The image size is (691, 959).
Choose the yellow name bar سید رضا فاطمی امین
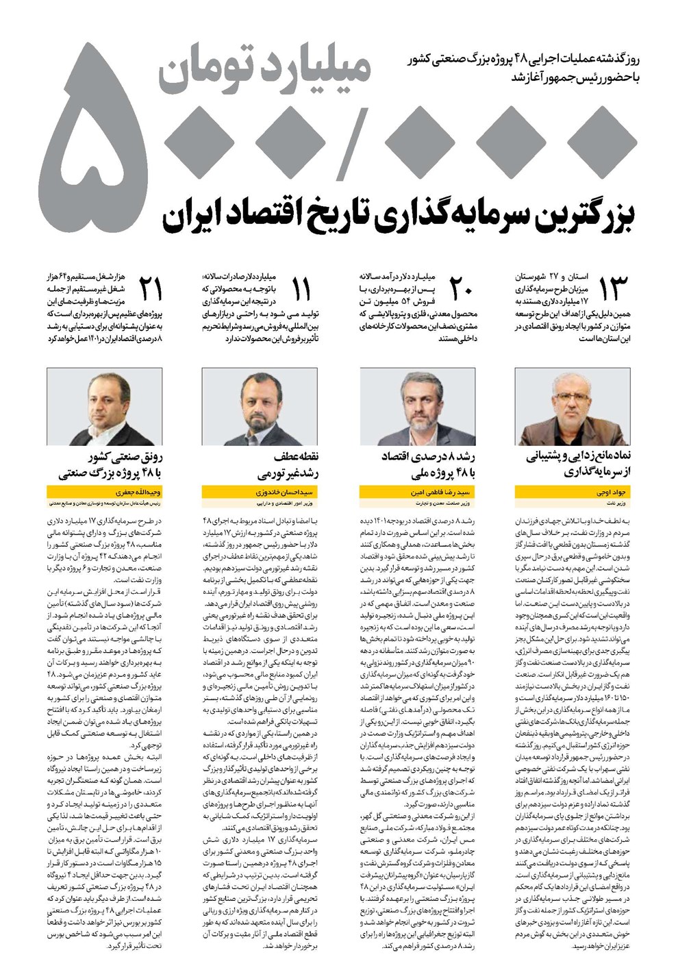[417, 492]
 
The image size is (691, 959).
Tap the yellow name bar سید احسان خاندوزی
[260, 492]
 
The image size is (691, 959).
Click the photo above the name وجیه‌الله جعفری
[104, 406]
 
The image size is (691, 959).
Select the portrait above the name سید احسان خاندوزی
[260, 406]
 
